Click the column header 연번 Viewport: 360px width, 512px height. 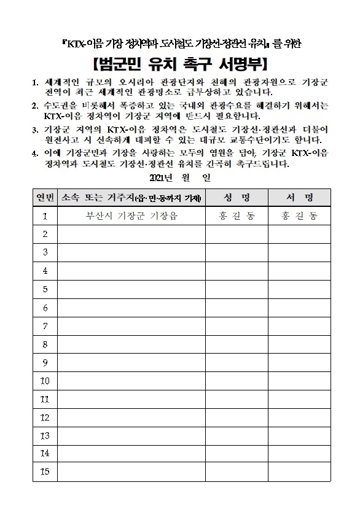point(45,198)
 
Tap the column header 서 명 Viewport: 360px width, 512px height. point(299,198)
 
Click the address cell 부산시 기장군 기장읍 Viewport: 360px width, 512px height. point(131,216)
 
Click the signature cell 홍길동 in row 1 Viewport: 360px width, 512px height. point(299,216)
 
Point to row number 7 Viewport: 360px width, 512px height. point(45,326)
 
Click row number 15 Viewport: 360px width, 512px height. point(45,471)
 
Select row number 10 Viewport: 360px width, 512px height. point(45,381)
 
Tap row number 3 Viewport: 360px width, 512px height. point(45,252)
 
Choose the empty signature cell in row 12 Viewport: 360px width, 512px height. point(299,417)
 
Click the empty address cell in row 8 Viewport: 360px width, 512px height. point(131,344)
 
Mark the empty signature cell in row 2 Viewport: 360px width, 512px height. point(299,234)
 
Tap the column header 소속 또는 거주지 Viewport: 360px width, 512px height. point(131,198)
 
